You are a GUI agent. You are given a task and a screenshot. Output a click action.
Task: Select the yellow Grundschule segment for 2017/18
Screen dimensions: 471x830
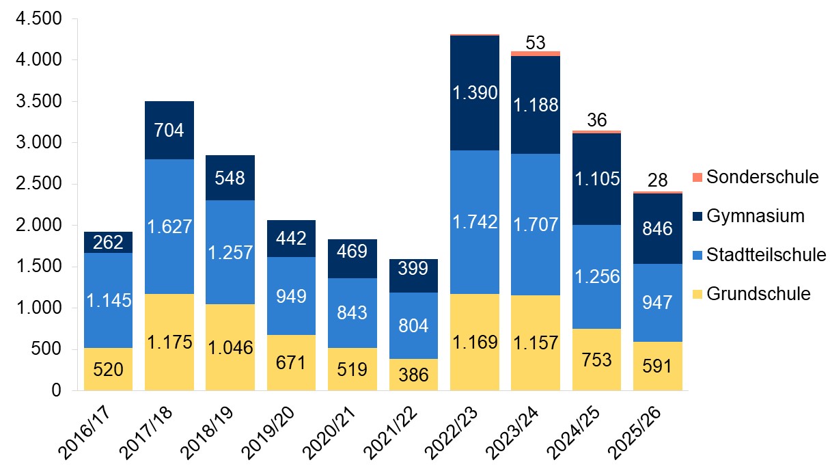click(x=169, y=342)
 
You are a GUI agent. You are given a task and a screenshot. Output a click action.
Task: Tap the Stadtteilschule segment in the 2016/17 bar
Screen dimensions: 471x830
click(x=108, y=301)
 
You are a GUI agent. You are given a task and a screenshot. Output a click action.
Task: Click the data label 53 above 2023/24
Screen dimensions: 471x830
click(x=536, y=42)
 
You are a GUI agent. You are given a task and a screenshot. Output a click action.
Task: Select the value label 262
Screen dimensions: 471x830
click(x=108, y=243)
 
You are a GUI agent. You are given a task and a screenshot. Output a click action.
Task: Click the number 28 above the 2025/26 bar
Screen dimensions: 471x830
click(x=658, y=181)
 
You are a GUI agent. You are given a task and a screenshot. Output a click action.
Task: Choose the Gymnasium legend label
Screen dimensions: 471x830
click(x=756, y=216)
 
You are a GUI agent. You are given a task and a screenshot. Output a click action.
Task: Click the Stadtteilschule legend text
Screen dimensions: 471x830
click(x=766, y=255)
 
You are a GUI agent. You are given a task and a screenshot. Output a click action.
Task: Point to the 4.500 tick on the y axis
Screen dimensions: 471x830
click(x=38, y=19)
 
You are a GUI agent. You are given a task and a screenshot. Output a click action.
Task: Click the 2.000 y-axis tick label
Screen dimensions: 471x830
click(x=38, y=226)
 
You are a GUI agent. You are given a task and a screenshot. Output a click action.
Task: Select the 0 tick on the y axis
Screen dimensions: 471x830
click(x=56, y=391)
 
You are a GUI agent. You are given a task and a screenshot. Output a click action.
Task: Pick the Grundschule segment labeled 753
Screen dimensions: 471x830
click(x=596, y=360)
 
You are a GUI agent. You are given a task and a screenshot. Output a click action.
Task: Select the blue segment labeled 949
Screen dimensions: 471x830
click(x=291, y=296)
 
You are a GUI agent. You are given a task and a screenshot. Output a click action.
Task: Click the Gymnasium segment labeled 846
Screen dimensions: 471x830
click(x=658, y=228)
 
